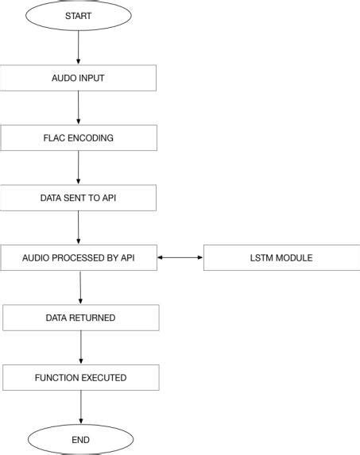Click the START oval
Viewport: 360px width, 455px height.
pyautogui.click(x=79, y=15)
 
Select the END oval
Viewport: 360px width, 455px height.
pyautogui.click(x=81, y=439)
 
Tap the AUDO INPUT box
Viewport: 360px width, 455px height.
pyautogui.click(x=79, y=78)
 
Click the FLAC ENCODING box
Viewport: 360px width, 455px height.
pyautogui.click(x=79, y=137)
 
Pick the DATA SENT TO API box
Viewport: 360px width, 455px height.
pyautogui.click(x=79, y=197)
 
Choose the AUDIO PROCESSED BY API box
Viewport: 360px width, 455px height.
pyautogui.click(x=79, y=258)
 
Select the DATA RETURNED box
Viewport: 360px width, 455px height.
pyautogui.click(x=81, y=318)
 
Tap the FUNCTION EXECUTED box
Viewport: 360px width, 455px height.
pyautogui.click(x=81, y=378)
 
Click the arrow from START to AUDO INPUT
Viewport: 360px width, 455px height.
pyautogui.click(x=79, y=47)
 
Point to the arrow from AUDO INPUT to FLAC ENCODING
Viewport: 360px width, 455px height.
pyautogui.click(x=79, y=107)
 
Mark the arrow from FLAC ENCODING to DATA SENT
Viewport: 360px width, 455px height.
pyautogui.click(x=79, y=168)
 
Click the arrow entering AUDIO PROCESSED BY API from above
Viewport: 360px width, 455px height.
pyautogui.click(x=79, y=227)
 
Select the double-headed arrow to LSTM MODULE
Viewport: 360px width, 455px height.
pyautogui.click(x=180, y=258)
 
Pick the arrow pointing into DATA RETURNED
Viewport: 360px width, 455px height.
pyautogui.click(x=81, y=287)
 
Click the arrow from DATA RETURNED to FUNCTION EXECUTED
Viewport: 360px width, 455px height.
pyautogui.click(x=81, y=348)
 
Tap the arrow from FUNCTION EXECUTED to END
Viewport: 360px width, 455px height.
pyautogui.click(x=81, y=407)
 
